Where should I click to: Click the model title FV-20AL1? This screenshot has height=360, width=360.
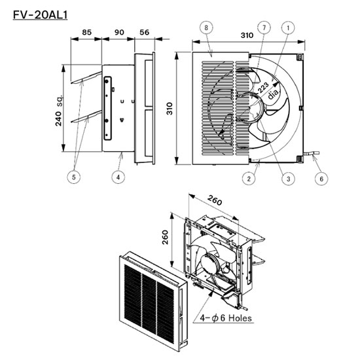click(x=40, y=15)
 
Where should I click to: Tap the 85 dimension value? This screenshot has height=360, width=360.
click(x=87, y=32)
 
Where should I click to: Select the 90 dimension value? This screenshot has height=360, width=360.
click(x=119, y=32)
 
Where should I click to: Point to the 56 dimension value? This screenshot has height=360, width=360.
click(x=145, y=32)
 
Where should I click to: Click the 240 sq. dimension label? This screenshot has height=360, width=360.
click(x=58, y=110)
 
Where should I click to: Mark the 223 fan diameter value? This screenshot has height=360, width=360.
click(x=263, y=88)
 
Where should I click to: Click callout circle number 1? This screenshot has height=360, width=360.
click(x=288, y=27)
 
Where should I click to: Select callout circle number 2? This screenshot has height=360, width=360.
click(x=249, y=179)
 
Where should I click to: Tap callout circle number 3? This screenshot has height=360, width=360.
click(x=289, y=179)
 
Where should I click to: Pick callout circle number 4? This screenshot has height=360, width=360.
click(x=118, y=177)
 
